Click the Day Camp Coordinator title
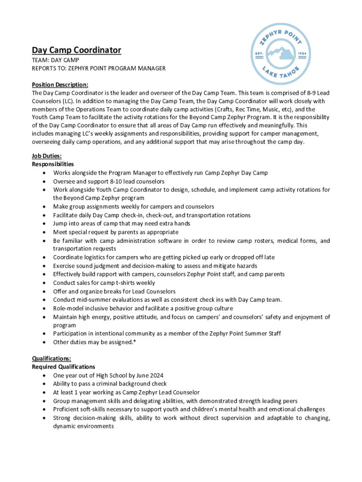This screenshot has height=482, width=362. tap(77, 50)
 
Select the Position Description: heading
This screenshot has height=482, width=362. tap(60, 85)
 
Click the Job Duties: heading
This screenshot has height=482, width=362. tap(47, 156)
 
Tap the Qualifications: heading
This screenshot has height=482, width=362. tap(51, 358)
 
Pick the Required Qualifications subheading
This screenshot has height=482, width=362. tap(63, 367)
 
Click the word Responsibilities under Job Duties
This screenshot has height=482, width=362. tap(53, 164)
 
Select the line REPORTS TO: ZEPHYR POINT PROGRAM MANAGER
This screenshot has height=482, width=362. tap(99, 68)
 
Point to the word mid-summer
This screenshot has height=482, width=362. tap(95, 300)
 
